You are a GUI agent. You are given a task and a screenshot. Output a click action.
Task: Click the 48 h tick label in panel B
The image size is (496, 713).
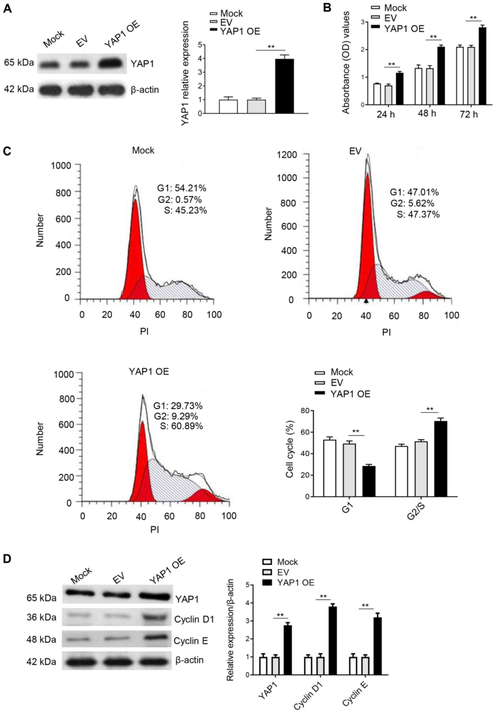[x=427, y=113]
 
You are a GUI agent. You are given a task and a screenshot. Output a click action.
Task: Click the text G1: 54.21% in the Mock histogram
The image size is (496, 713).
[x=182, y=188]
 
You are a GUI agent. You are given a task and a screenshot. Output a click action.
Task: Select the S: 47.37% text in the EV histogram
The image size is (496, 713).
[x=418, y=214]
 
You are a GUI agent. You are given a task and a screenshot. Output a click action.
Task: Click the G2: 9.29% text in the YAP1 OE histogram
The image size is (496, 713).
[x=176, y=416]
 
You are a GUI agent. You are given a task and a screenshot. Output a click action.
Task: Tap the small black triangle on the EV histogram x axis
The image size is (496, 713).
[x=366, y=301]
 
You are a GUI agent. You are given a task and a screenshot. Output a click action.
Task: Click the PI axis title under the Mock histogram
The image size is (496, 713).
[x=144, y=331]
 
